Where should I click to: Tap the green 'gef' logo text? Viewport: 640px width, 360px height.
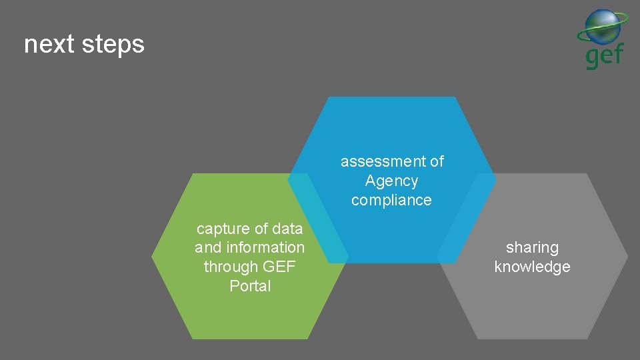pyautogui.click(x=604, y=55)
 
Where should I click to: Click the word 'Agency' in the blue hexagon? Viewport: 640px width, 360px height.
pyautogui.click(x=391, y=181)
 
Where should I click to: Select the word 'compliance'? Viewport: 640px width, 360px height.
pyautogui.click(x=391, y=200)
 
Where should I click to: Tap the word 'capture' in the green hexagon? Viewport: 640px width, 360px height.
pyautogui.click(x=222, y=229)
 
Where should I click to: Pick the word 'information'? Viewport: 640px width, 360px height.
pyautogui.click(x=265, y=247)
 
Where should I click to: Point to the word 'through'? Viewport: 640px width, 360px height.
pyautogui.click(x=231, y=267)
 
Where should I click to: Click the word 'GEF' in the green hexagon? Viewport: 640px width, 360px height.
pyautogui.click(x=279, y=267)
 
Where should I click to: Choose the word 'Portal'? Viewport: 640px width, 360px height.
pyautogui.click(x=250, y=286)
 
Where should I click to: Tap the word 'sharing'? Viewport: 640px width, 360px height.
pyautogui.click(x=532, y=247)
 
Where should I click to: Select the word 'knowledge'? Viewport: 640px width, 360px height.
pyautogui.click(x=532, y=267)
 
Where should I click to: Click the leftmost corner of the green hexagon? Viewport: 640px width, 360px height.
pyautogui.click(x=153, y=256)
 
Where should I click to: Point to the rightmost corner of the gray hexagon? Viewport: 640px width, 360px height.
pyautogui.click(x=627, y=256)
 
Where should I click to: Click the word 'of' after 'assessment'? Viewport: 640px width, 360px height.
pyautogui.click(x=437, y=161)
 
